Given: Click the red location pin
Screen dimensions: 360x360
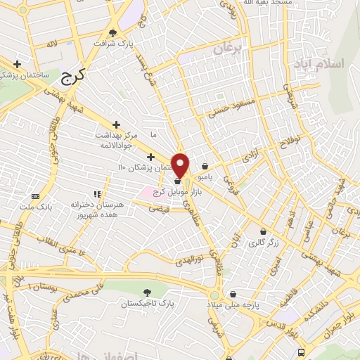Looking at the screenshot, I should pyautogui.click(x=181, y=166).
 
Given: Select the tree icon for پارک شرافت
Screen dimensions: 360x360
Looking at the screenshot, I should pyautogui.click(x=114, y=32).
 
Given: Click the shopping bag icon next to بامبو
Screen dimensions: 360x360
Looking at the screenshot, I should pyautogui.click(x=205, y=167).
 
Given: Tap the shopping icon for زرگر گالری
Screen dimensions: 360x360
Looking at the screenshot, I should pyautogui.click(x=264, y=231).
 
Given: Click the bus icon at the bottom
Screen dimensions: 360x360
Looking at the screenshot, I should pyautogui.click(x=302, y=352).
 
